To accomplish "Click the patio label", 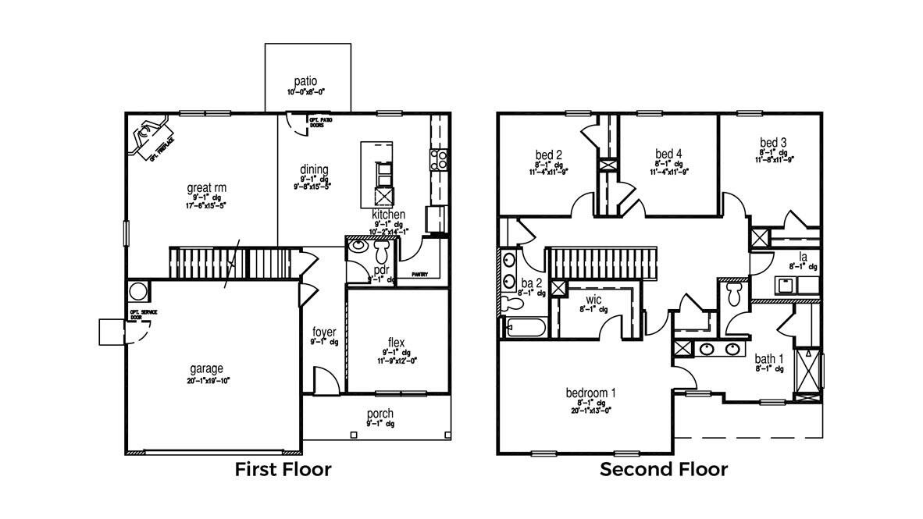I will click(x=305, y=81).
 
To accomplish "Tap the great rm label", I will click(x=206, y=187).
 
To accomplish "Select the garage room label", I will click(x=206, y=368).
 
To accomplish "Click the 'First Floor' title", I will click(x=283, y=470).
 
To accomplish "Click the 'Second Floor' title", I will click(x=664, y=470).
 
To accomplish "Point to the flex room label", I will click(x=396, y=342).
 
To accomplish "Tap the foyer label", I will click(x=324, y=332).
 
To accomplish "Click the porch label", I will click(x=380, y=413).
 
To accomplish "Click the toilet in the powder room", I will click(x=383, y=251).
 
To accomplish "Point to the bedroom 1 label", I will click(x=591, y=392).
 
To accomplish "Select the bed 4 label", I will click(x=668, y=154).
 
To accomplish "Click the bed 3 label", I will click(x=773, y=143).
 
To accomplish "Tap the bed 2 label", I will click(x=549, y=154).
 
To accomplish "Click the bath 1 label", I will click(x=769, y=360).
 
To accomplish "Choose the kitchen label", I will click(x=388, y=214).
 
